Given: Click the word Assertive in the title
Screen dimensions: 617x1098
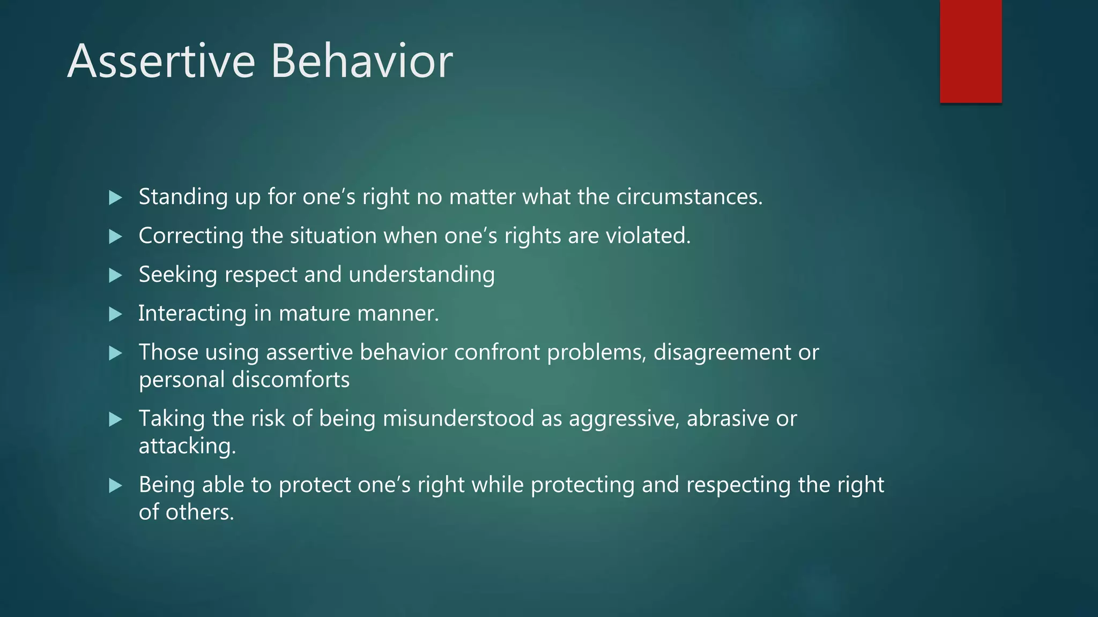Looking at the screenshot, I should coord(161,62).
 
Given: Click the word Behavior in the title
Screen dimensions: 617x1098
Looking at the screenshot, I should coord(362,62).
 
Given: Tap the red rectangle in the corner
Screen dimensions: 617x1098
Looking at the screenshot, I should coord(970,51).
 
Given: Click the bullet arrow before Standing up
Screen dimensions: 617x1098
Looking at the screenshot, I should coord(115,198).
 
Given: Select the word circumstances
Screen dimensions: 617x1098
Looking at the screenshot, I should coord(688,197).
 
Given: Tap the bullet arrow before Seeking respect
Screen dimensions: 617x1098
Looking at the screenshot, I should coord(115,275).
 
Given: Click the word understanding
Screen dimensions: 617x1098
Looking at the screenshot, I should coord(421,275).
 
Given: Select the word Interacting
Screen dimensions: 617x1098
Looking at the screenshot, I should coord(192,314).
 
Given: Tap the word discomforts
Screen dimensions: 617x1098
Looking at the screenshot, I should coord(290,380).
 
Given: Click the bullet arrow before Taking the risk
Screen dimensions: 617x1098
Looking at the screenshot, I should coord(115,419).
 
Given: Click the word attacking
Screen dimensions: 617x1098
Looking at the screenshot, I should coord(187,446).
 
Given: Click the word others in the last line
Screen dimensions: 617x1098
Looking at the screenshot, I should coord(199,513).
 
